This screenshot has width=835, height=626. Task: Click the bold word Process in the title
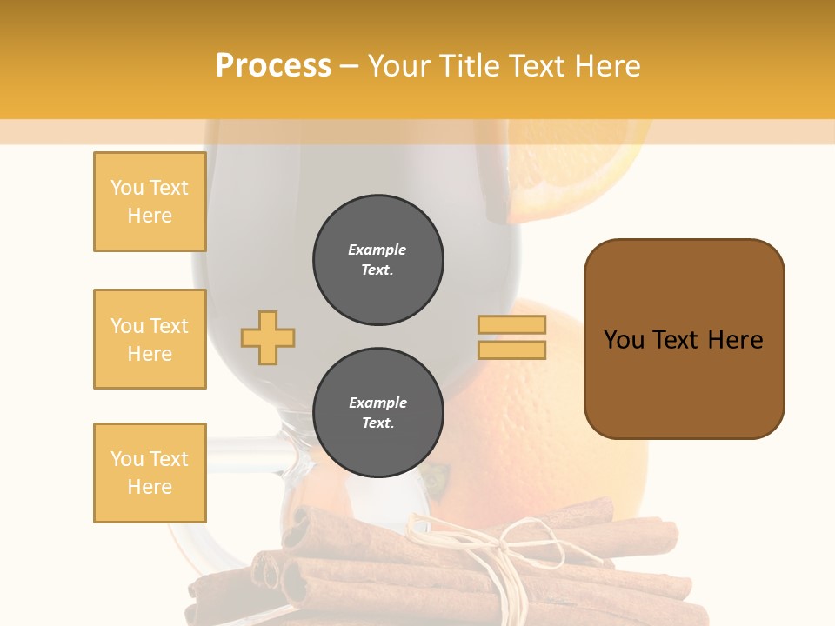point(273,66)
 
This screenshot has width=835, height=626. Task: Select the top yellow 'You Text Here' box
point(150,202)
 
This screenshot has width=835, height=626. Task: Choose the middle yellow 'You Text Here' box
point(150,339)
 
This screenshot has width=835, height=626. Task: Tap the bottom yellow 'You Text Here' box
point(150,473)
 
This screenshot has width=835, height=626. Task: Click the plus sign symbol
point(268,337)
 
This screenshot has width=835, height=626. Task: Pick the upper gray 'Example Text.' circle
point(377,259)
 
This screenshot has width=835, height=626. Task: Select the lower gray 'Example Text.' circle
point(377,413)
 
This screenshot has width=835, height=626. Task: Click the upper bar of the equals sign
point(511,324)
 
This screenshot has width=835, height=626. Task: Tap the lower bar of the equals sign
point(511,350)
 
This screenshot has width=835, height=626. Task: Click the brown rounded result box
point(684,338)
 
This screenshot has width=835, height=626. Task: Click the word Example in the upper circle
point(377,250)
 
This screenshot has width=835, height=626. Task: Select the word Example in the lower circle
point(377,403)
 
